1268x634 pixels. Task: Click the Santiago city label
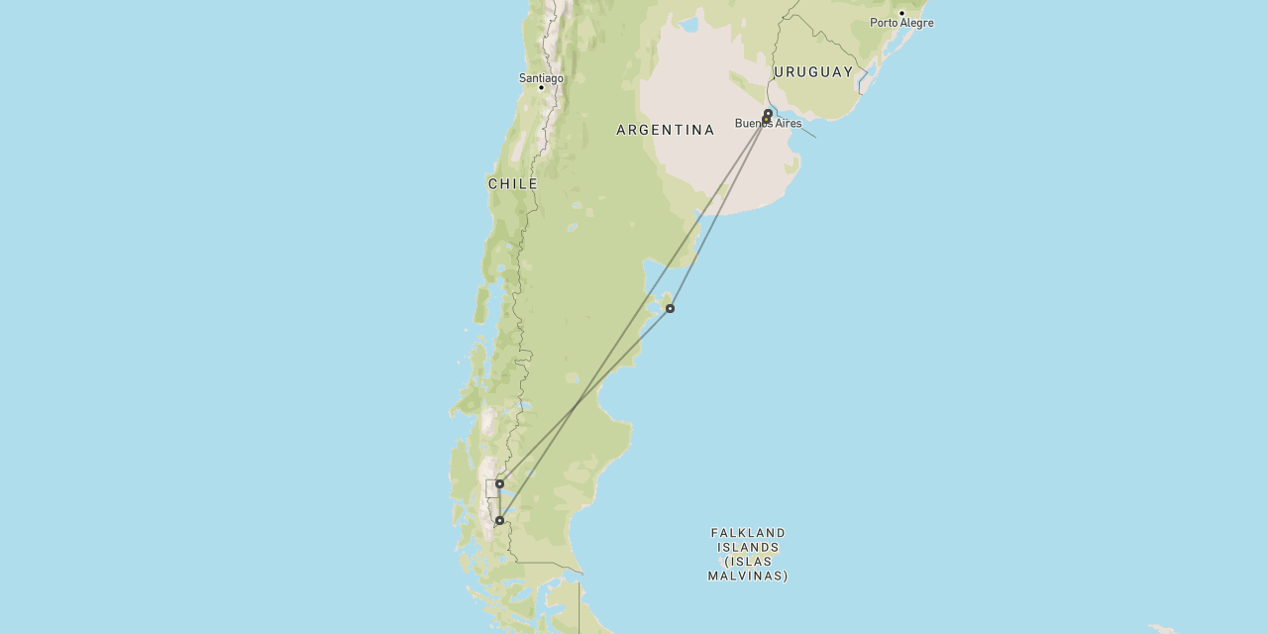[x=541, y=77]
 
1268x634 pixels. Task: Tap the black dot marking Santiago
[x=541, y=87]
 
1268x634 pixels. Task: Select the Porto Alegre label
[x=901, y=23]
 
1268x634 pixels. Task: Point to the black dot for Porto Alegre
[x=901, y=13]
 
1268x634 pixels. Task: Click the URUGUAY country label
[x=813, y=71]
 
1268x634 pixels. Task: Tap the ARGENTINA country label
[x=665, y=130]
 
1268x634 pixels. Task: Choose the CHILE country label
[x=512, y=184]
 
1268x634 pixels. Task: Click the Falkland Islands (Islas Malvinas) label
[x=748, y=554]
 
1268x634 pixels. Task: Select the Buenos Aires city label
[x=768, y=124]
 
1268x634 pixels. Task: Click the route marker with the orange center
[x=766, y=119]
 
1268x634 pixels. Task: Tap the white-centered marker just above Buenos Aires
[x=768, y=113]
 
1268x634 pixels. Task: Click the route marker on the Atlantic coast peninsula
[x=670, y=308]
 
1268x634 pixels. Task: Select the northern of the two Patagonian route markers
[x=499, y=483]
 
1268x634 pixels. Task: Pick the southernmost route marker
[x=499, y=520]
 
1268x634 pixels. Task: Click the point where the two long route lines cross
[x=578, y=405]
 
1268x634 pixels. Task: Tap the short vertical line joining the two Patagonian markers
[x=499, y=502]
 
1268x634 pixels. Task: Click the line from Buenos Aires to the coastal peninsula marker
[x=718, y=213]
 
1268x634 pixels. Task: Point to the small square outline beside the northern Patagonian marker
[x=491, y=488]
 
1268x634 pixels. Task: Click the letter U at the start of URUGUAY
[x=779, y=71]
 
